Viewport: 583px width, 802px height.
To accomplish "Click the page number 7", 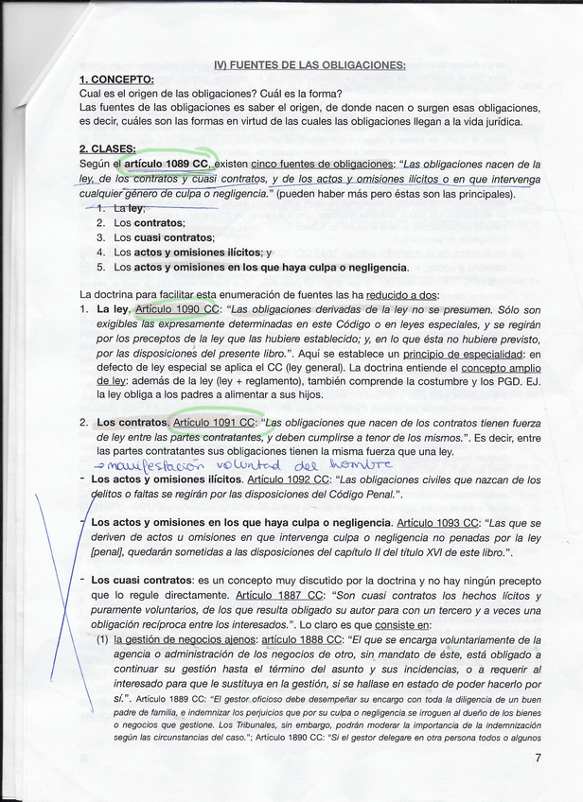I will click(538, 758).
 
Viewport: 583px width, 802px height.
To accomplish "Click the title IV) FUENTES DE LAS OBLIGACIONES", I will click(309, 65).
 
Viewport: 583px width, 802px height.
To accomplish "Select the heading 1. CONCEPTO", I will click(116, 79).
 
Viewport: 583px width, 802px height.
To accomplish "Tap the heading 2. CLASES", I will click(107, 148).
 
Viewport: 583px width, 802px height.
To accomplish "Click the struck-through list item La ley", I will click(129, 207).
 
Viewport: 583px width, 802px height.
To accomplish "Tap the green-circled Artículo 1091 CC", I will click(215, 423).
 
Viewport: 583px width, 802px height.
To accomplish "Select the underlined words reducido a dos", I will click(403, 295).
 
